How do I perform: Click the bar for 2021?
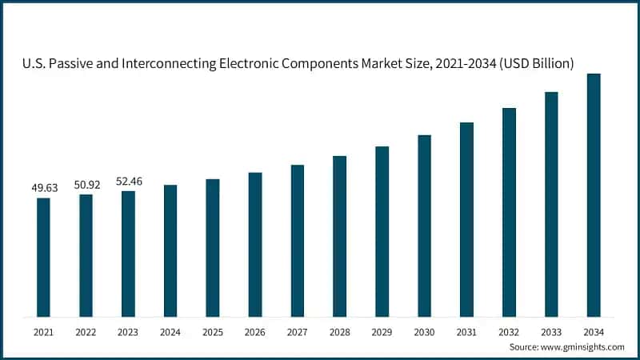(43, 256)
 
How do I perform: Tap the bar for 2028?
(340, 235)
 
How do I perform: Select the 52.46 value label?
(128, 181)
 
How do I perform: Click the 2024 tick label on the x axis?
(170, 330)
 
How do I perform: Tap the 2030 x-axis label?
(424, 330)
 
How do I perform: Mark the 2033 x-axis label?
(551, 330)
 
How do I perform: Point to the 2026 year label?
(255, 330)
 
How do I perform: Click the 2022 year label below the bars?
(86, 330)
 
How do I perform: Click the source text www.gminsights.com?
(582, 346)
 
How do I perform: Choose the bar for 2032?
(509, 211)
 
